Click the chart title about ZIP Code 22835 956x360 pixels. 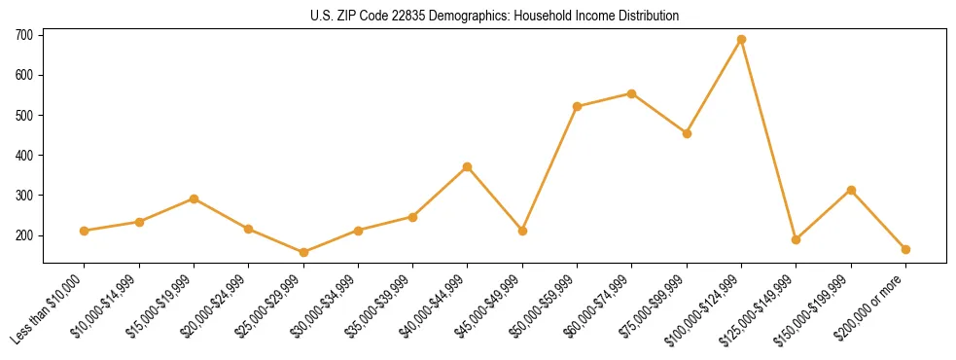(x=478, y=16)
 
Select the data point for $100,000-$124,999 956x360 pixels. (x=741, y=40)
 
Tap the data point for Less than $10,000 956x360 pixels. (x=85, y=231)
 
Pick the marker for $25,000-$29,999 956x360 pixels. (x=303, y=252)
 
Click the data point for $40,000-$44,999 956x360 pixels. (x=468, y=166)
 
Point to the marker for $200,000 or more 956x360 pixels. (x=905, y=249)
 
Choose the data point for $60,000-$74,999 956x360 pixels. (x=632, y=93)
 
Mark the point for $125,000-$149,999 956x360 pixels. (x=796, y=239)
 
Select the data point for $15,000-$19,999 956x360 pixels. (x=194, y=198)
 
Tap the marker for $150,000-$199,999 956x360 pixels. (x=851, y=190)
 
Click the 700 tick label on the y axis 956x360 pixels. (x=23, y=35)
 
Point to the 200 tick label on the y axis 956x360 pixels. (x=23, y=235)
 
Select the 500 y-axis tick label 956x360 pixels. (x=23, y=116)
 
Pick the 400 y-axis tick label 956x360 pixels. (x=23, y=156)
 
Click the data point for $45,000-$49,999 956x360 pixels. (x=522, y=231)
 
